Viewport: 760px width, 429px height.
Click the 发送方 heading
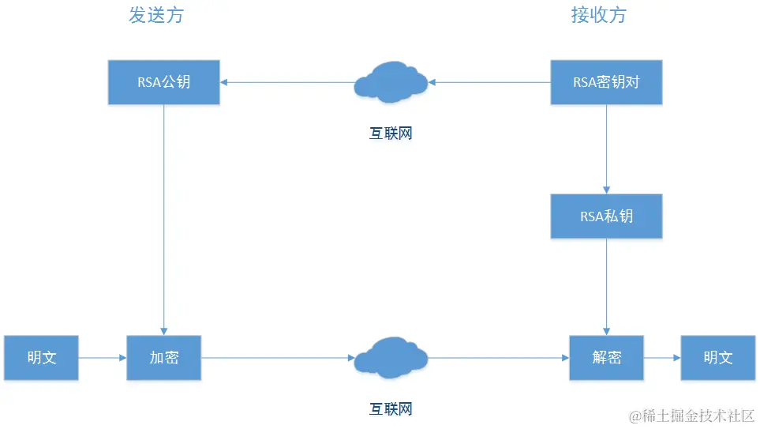point(156,15)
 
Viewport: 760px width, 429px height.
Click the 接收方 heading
point(598,15)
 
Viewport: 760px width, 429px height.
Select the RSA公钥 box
point(164,81)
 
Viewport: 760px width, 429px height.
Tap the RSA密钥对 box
point(606,81)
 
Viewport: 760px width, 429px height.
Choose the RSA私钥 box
point(606,215)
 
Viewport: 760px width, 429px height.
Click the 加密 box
point(164,358)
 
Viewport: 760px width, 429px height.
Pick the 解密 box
point(606,358)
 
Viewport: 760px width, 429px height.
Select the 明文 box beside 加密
point(41,358)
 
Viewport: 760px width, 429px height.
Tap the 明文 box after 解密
point(717,358)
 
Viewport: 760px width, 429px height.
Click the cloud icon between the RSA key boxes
point(391,82)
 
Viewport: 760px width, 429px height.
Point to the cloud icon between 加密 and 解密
point(391,358)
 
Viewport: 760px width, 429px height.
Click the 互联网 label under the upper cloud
point(391,134)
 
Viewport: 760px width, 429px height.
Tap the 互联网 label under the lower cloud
point(391,409)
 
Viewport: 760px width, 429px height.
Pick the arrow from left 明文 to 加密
point(103,358)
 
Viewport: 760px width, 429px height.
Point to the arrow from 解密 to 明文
point(662,358)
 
